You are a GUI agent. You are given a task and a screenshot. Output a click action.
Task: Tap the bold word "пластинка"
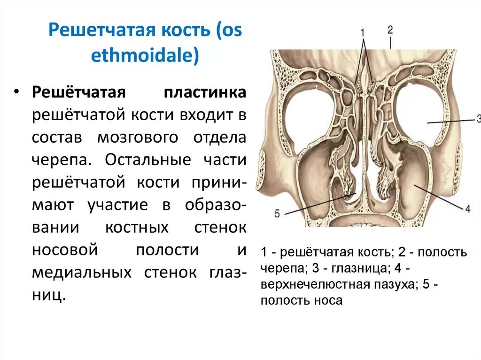coord(205,92)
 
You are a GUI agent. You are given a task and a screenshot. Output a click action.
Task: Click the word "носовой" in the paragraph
coord(65,250)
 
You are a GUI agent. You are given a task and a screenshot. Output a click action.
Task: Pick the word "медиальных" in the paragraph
coord(82,273)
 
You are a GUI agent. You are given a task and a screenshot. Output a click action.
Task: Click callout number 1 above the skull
coord(363,32)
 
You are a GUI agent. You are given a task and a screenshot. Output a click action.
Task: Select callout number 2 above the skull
coord(390,30)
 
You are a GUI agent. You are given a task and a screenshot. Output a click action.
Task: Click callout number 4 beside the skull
coord(467,208)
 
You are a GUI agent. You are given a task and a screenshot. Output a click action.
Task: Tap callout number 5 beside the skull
coord(277,214)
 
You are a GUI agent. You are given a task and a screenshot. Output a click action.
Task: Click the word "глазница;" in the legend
coord(365,269)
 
